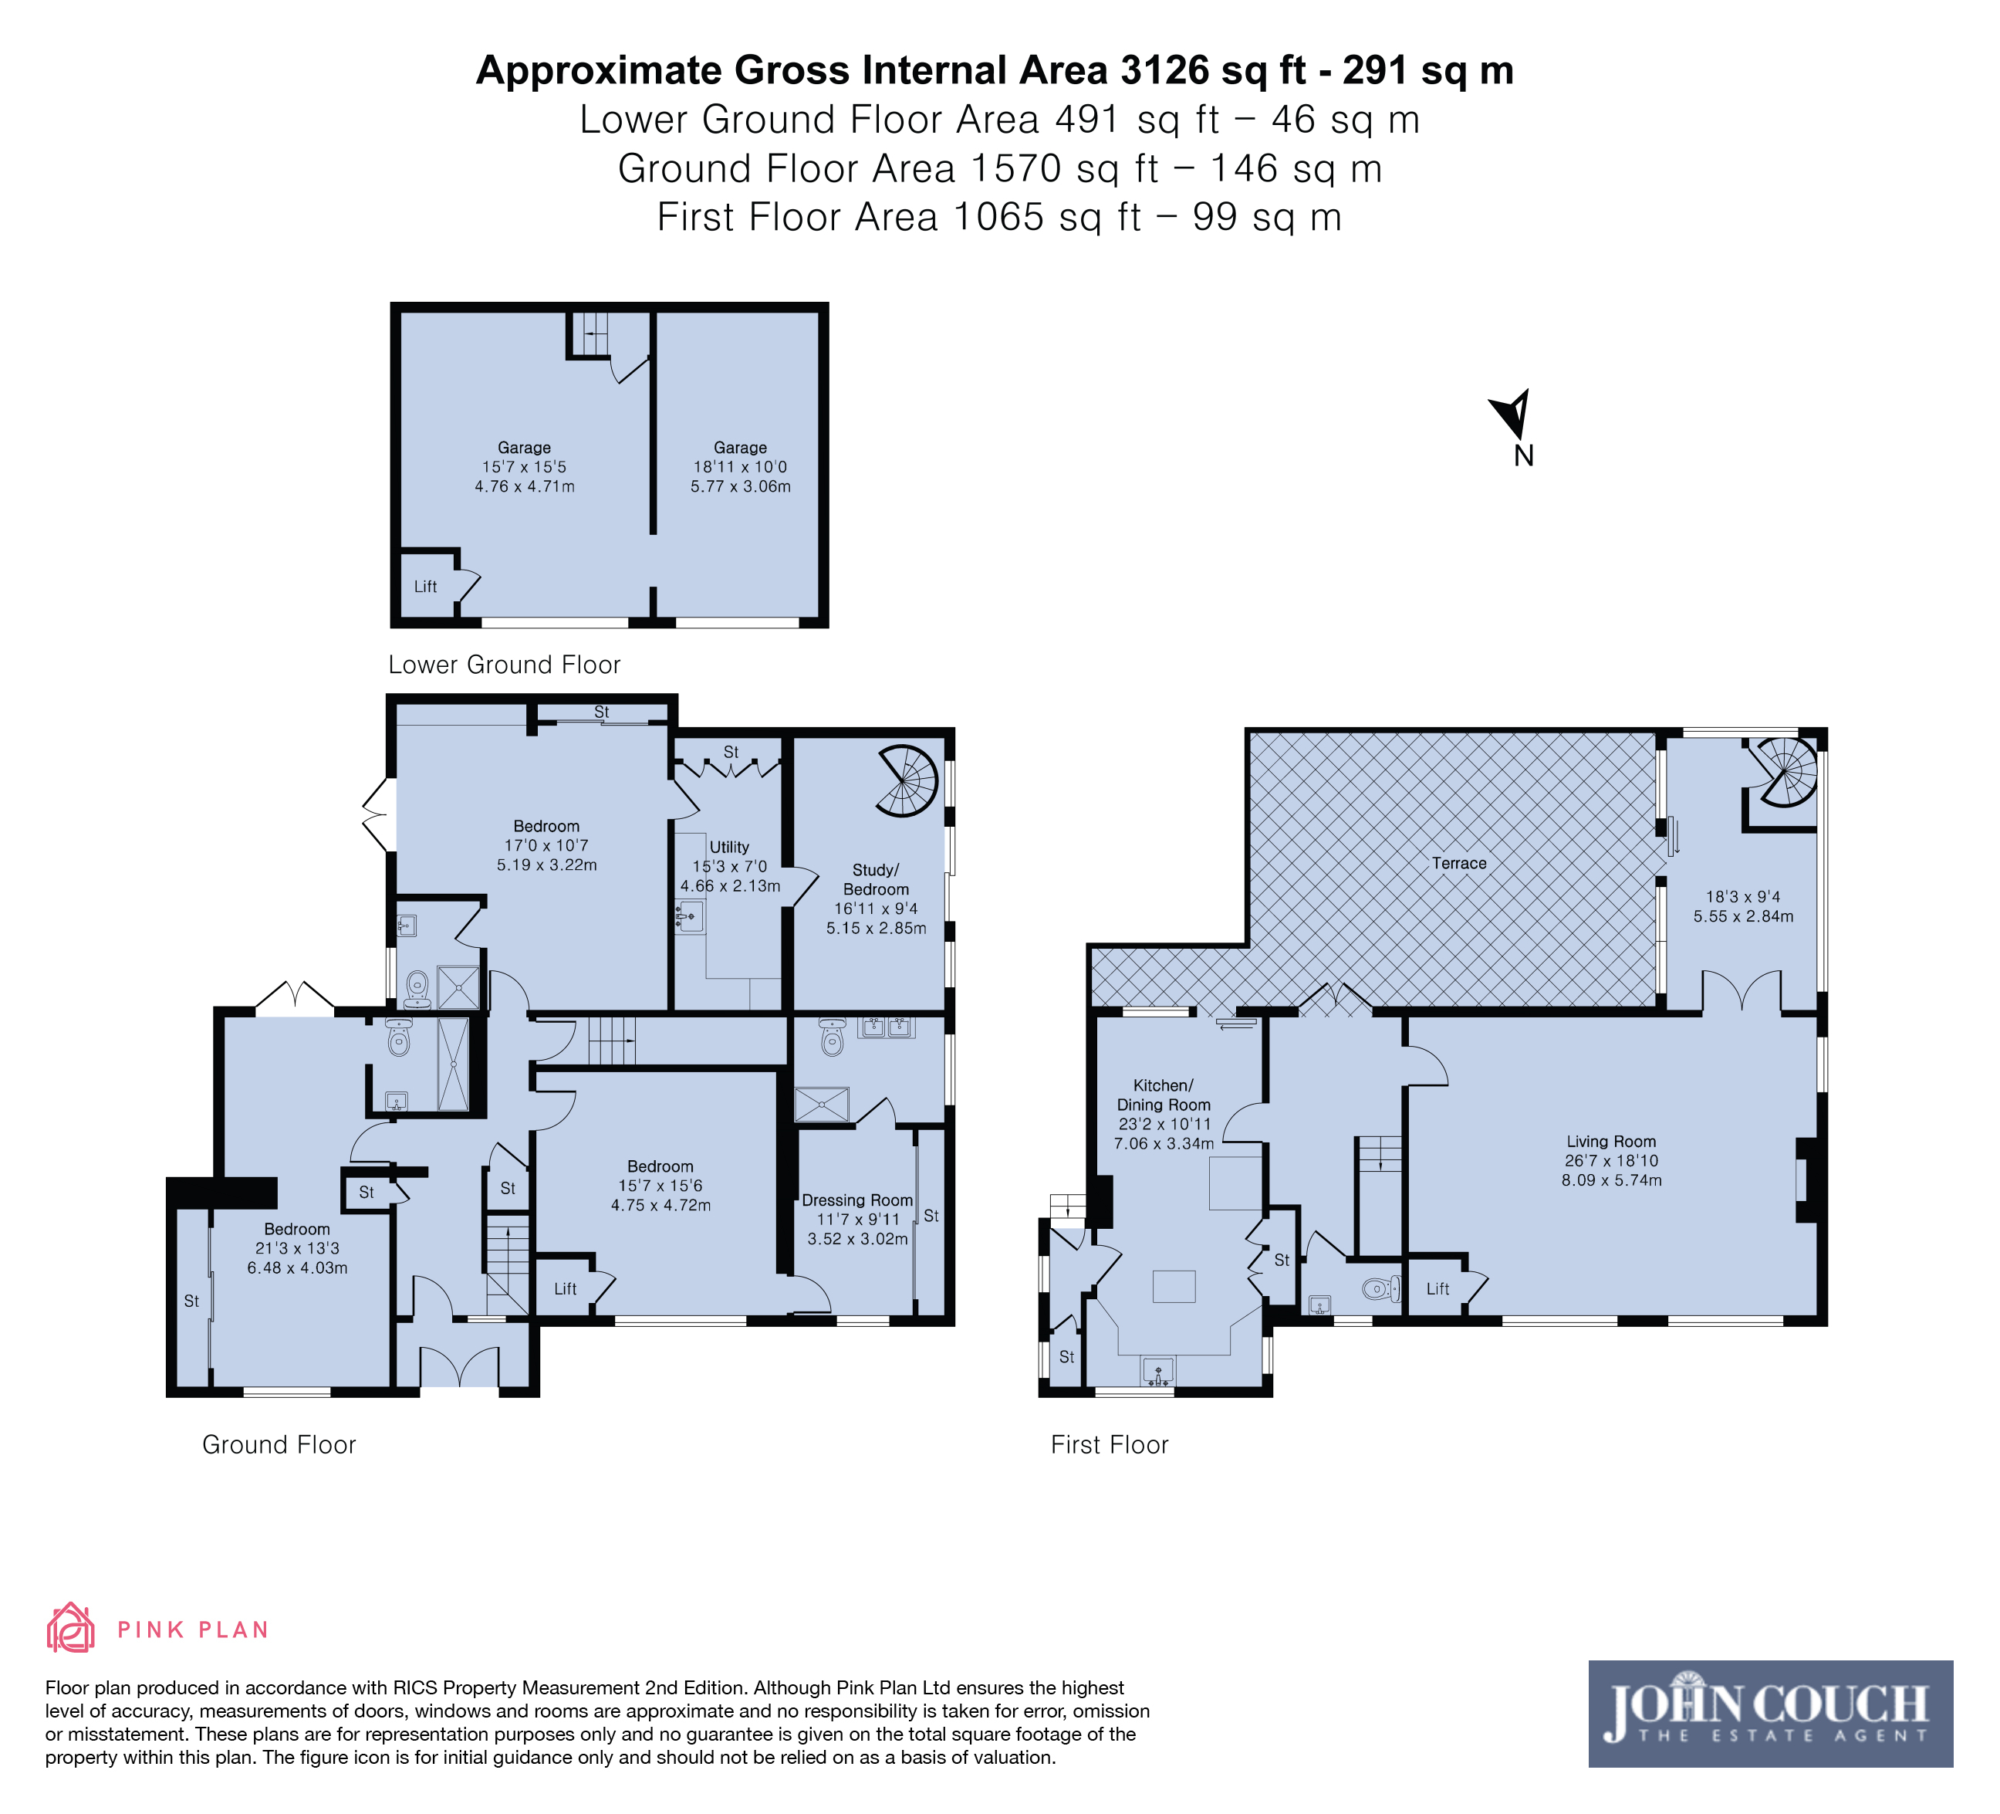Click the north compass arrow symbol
click(1512, 413)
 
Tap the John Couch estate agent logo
click(1770, 1714)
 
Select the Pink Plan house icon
click(70, 1627)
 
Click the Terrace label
click(1458, 863)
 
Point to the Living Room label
click(1611, 1141)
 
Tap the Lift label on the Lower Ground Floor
click(424, 587)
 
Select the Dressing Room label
click(857, 1200)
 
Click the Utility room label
click(729, 847)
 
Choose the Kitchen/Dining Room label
click(1164, 1095)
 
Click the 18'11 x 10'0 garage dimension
click(740, 466)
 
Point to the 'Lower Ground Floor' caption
click(504, 665)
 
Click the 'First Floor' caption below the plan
click(1109, 1445)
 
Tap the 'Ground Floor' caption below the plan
click(279, 1445)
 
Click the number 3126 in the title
click(1164, 70)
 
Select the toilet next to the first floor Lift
click(1380, 1289)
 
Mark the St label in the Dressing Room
click(931, 1216)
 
